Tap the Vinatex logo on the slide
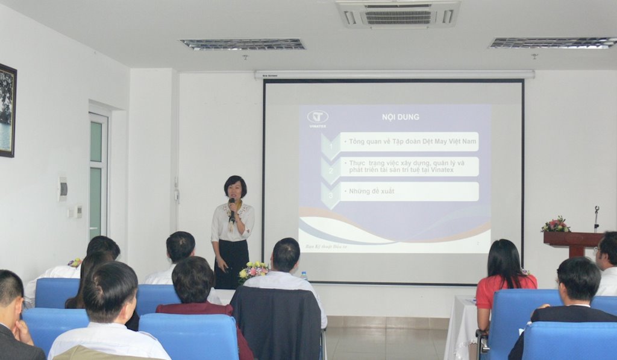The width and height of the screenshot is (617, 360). tap(317, 118)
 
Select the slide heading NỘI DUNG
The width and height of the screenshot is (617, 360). tap(400, 116)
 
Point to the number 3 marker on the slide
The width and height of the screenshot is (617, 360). tap(330, 195)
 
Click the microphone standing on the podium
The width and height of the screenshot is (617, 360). tap(596, 218)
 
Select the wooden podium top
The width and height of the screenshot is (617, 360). tap(573, 237)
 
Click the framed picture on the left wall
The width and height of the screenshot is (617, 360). tap(7, 110)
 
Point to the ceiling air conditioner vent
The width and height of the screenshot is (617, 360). tap(398, 14)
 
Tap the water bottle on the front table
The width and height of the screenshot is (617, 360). tap(304, 276)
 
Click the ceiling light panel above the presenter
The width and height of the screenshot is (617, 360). tap(243, 44)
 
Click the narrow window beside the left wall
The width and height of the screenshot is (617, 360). tap(96, 175)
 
